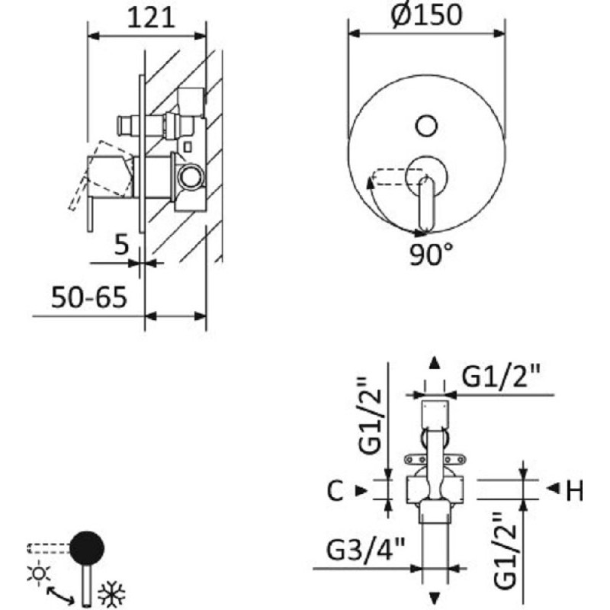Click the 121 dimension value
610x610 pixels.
click(x=151, y=18)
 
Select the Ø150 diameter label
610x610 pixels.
click(x=427, y=15)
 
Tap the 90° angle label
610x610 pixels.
click(x=432, y=254)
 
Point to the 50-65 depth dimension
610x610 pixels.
click(x=89, y=297)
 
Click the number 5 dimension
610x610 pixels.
click(x=121, y=245)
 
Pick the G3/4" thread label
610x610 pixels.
click(x=366, y=549)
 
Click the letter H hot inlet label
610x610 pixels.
click(x=574, y=490)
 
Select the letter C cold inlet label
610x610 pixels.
click(x=335, y=490)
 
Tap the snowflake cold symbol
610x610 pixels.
click(x=111, y=594)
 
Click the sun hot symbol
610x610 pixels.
click(x=39, y=573)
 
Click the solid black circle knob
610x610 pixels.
click(x=87, y=547)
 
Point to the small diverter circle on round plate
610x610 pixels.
click(x=427, y=126)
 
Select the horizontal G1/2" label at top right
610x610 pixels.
click(x=502, y=376)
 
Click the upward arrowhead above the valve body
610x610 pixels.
click(x=434, y=364)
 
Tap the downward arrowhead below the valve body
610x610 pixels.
click(x=434, y=598)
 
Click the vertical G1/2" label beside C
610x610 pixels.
click(x=369, y=416)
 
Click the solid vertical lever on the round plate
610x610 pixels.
click(x=426, y=204)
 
